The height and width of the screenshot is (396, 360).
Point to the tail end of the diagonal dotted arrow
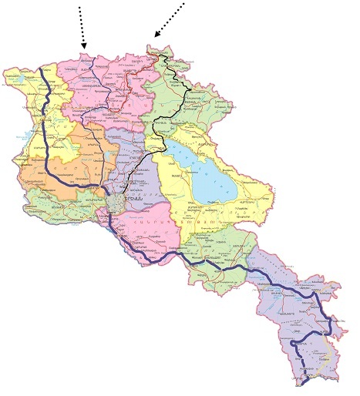pos(185,4)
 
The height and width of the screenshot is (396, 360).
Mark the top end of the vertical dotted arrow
pos(79,4)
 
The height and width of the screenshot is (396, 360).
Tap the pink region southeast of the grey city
pos(154,223)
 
